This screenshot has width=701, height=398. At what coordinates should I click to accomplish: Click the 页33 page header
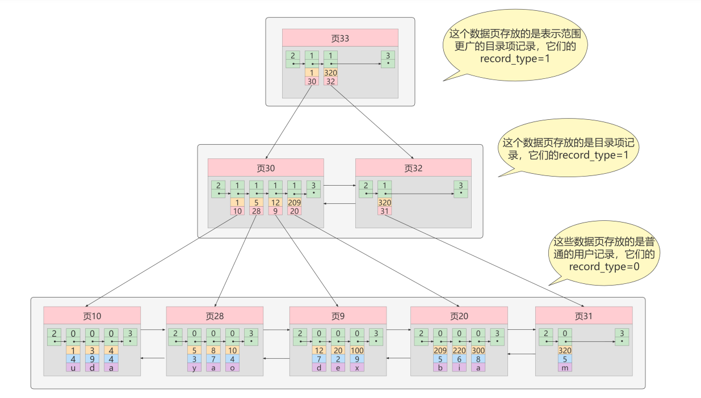(340, 38)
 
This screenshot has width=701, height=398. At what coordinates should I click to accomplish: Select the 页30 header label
(266, 168)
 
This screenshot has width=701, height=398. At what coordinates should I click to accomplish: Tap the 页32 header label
(413, 168)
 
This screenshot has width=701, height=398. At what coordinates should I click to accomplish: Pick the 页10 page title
(92, 316)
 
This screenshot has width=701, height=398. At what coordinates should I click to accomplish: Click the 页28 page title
(215, 316)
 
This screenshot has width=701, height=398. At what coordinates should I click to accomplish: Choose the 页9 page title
(338, 316)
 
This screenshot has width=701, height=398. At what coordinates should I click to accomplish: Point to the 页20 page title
(459, 316)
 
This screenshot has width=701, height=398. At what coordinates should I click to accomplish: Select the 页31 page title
(584, 316)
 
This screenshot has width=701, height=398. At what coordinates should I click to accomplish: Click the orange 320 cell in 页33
(330, 73)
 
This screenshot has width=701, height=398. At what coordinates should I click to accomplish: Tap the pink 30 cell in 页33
(312, 81)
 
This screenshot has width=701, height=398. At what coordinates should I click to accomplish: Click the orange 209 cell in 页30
(294, 202)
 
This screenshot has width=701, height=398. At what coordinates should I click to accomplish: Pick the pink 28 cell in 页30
(257, 211)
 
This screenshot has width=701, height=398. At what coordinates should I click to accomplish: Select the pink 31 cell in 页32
(385, 211)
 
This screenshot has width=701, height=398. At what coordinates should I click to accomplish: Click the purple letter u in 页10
(73, 368)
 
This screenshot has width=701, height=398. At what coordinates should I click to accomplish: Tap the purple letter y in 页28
(194, 368)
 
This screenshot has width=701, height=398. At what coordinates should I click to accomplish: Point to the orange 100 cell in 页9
(357, 350)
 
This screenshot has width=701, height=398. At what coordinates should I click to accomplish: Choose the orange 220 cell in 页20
(459, 350)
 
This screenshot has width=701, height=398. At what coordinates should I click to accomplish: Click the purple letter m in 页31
(565, 368)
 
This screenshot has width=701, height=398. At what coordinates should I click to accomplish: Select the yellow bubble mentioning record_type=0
(604, 253)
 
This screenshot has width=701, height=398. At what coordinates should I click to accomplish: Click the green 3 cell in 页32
(461, 189)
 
